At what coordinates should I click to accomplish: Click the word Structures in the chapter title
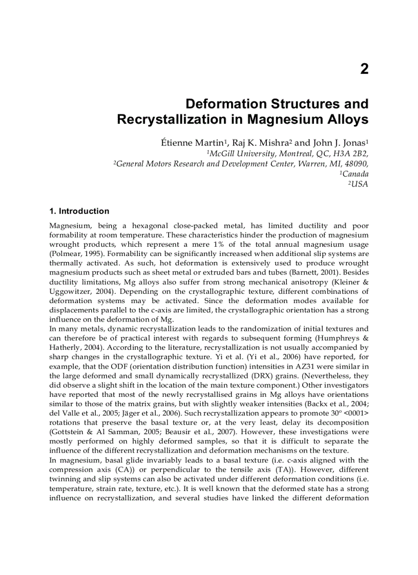coord(300,104)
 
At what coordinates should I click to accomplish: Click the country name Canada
coord(356,174)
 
